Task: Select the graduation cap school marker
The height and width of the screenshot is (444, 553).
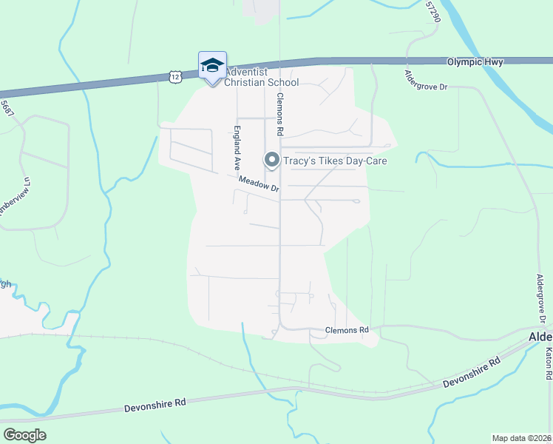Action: coord(212,65)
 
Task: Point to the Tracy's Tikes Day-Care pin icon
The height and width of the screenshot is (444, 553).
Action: coord(271,160)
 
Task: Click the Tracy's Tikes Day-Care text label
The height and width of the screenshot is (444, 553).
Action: coord(335,161)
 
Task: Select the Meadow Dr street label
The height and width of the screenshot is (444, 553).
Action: coord(259,184)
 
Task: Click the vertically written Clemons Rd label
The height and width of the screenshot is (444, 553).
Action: coord(280,112)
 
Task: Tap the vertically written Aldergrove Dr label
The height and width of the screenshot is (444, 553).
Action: coord(541,299)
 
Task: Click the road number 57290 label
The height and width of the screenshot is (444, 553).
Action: coord(433,12)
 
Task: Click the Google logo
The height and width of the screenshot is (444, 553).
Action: coord(24,435)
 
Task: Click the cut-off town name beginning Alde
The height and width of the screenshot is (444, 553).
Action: coord(540,337)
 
